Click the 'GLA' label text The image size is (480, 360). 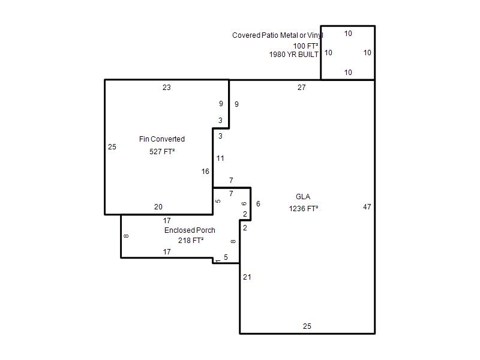click(303, 197)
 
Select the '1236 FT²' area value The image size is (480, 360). click(304, 208)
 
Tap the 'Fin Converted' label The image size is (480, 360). click(162, 139)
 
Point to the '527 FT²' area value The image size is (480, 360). click(162, 152)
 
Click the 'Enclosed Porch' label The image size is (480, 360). click(190, 230)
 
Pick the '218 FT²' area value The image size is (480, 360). click(191, 241)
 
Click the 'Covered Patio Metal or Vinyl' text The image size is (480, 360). click(278, 35)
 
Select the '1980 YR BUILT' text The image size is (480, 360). click(293, 55)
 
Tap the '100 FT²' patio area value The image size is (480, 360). click(305, 46)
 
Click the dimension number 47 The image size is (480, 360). click(367, 207)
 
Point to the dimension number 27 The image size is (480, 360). click(302, 88)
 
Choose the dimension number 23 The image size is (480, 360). click(167, 88)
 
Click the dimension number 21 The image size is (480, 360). click(247, 277)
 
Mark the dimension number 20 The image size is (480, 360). click(158, 207)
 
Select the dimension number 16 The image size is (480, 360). click(205, 172)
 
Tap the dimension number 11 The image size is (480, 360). click(220, 158)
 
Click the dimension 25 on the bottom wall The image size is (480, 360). click(307, 326)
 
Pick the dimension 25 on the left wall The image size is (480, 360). click(112, 147)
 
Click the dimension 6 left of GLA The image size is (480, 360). click(259, 204)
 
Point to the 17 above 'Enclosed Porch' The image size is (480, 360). click(167, 220)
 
